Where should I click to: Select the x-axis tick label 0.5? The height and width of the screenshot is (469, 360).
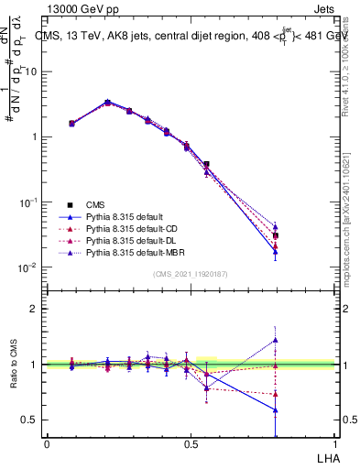pyautogui.click(x=191, y=444)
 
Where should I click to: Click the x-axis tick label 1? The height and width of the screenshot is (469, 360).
pyautogui.click(x=334, y=444)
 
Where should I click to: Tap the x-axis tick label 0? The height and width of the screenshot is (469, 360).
pyautogui.click(x=47, y=444)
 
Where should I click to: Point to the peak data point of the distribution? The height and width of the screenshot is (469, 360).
pyautogui.click(x=108, y=103)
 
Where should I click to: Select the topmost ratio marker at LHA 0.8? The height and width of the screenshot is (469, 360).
pyautogui.click(x=301, y=340)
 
